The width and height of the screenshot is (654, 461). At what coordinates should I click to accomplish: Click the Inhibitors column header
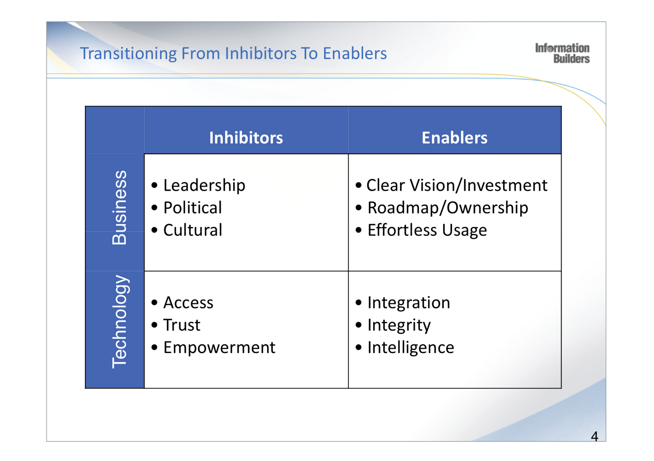(246, 138)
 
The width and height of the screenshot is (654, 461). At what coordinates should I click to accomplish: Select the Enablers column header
(455, 138)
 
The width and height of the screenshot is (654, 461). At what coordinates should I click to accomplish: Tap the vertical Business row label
(119, 208)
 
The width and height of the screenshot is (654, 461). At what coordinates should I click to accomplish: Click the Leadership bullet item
(204, 185)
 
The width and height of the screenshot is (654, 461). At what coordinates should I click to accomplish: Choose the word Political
(193, 208)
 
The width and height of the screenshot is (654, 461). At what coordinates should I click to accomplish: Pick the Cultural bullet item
(193, 230)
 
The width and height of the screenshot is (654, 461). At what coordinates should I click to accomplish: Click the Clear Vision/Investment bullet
(457, 185)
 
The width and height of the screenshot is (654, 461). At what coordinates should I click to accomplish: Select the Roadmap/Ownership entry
(448, 208)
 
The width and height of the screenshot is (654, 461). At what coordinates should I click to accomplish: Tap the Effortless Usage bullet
(427, 230)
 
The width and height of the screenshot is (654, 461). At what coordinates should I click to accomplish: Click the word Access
(188, 303)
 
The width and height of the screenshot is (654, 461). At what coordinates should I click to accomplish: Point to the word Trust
(182, 325)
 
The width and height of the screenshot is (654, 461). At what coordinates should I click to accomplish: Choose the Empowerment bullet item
(219, 348)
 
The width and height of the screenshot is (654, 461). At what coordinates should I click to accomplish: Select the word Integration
(409, 303)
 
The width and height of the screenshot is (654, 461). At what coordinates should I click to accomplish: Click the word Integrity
(399, 326)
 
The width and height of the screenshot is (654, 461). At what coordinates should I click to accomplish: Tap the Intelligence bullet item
(411, 348)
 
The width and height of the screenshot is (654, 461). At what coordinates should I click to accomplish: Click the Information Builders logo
(562, 54)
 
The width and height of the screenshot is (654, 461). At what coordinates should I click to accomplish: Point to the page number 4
(594, 436)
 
